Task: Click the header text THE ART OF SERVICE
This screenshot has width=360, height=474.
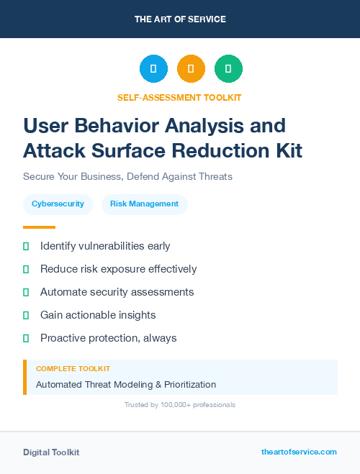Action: [180, 19]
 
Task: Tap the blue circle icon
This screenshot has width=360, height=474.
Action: [153, 69]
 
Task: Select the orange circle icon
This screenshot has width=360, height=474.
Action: [191, 69]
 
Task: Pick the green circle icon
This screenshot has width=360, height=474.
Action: [228, 69]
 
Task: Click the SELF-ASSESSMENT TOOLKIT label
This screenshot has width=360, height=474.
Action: [179, 97]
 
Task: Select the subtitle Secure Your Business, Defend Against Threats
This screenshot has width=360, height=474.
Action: [127, 176]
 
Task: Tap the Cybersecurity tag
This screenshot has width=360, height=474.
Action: [58, 204]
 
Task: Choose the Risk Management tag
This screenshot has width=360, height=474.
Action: [144, 204]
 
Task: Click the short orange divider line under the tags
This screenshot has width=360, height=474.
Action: [39, 227]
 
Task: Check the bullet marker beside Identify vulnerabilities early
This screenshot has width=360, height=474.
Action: [26, 246]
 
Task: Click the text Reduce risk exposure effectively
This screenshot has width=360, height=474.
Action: [118, 269]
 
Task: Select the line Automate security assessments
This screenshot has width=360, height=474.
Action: [117, 292]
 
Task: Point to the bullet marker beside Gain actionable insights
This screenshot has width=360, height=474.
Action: [26, 315]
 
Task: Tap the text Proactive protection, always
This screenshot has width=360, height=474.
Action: [108, 338]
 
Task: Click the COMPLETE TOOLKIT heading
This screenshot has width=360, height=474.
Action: [73, 368]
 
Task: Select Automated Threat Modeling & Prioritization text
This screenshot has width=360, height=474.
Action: [126, 384]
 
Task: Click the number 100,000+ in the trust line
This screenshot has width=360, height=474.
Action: [171, 405]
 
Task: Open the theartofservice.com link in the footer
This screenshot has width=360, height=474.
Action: [299, 452]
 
